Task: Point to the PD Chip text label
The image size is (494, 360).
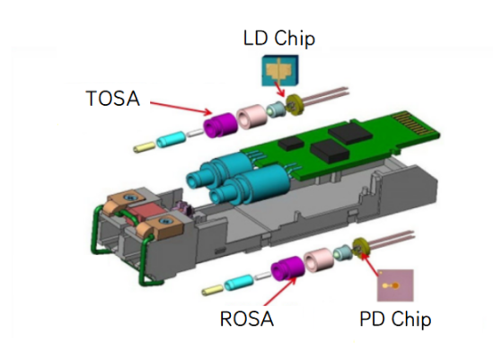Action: (x=395, y=319)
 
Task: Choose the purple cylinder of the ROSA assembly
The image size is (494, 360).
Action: (x=287, y=268)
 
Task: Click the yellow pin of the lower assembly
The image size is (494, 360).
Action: (x=214, y=291)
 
